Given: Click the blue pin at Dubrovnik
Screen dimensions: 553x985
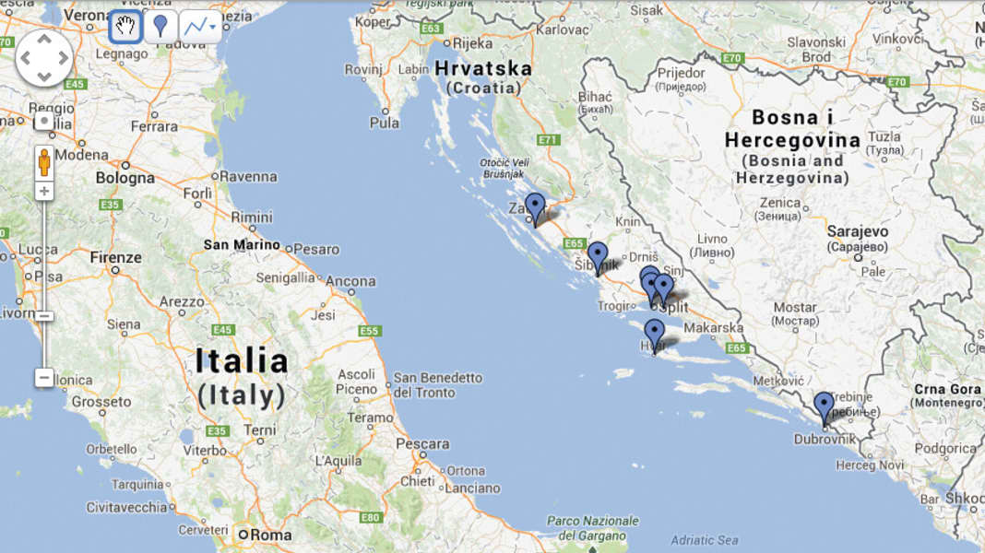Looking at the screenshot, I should [x=824, y=406].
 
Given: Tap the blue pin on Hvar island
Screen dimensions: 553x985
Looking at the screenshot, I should [x=654, y=333].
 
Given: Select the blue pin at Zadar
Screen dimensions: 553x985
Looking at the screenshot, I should [x=535, y=206].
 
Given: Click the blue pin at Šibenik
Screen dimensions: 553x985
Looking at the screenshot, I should [x=598, y=255].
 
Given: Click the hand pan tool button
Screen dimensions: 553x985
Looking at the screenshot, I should [x=125, y=27].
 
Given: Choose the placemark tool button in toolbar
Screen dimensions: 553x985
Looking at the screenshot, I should [x=160, y=27].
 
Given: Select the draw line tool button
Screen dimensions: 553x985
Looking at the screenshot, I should [x=199, y=27].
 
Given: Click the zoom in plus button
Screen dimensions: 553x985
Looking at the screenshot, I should [x=43, y=191].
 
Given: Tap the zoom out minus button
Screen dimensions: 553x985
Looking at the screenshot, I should [x=43, y=377].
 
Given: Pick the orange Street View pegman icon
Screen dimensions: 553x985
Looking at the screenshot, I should [x=43, y=162].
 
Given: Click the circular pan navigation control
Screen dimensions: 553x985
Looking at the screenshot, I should [x=43, y=58].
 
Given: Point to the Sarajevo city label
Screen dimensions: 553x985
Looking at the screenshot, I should [x=858, y=231].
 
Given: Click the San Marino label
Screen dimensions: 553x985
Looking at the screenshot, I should [x=242, y=245].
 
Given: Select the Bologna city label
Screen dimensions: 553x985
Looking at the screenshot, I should [x=125, y=177].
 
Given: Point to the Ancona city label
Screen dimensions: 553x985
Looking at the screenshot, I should [x=350, y=281].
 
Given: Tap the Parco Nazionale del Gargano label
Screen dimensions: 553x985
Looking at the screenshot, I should [x=592, y=528].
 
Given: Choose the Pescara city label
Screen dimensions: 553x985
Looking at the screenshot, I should [x=422, y=444].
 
